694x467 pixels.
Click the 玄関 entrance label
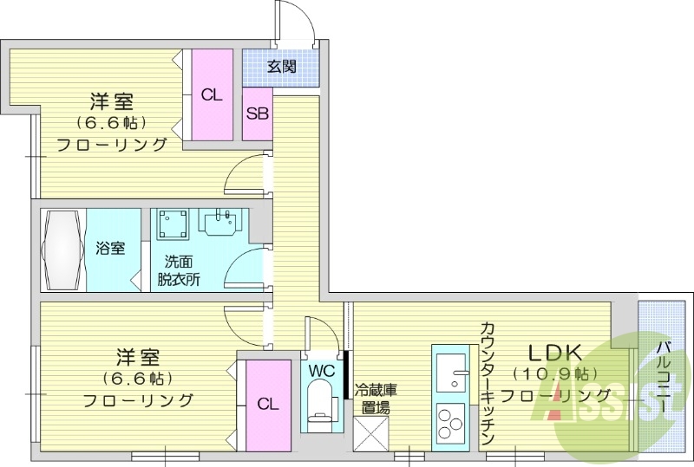(x=281, y=67)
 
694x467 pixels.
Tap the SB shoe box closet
(x=257, y=114)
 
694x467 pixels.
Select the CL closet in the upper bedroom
(x=212, y=95)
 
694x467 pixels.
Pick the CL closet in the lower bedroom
(x=267, y=405)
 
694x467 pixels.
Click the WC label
(x=322, y=371)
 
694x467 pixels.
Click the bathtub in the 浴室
(x=62, y=249)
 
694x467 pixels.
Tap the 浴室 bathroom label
(x=110, y=249)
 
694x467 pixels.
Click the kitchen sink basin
(x=450, y=375)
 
